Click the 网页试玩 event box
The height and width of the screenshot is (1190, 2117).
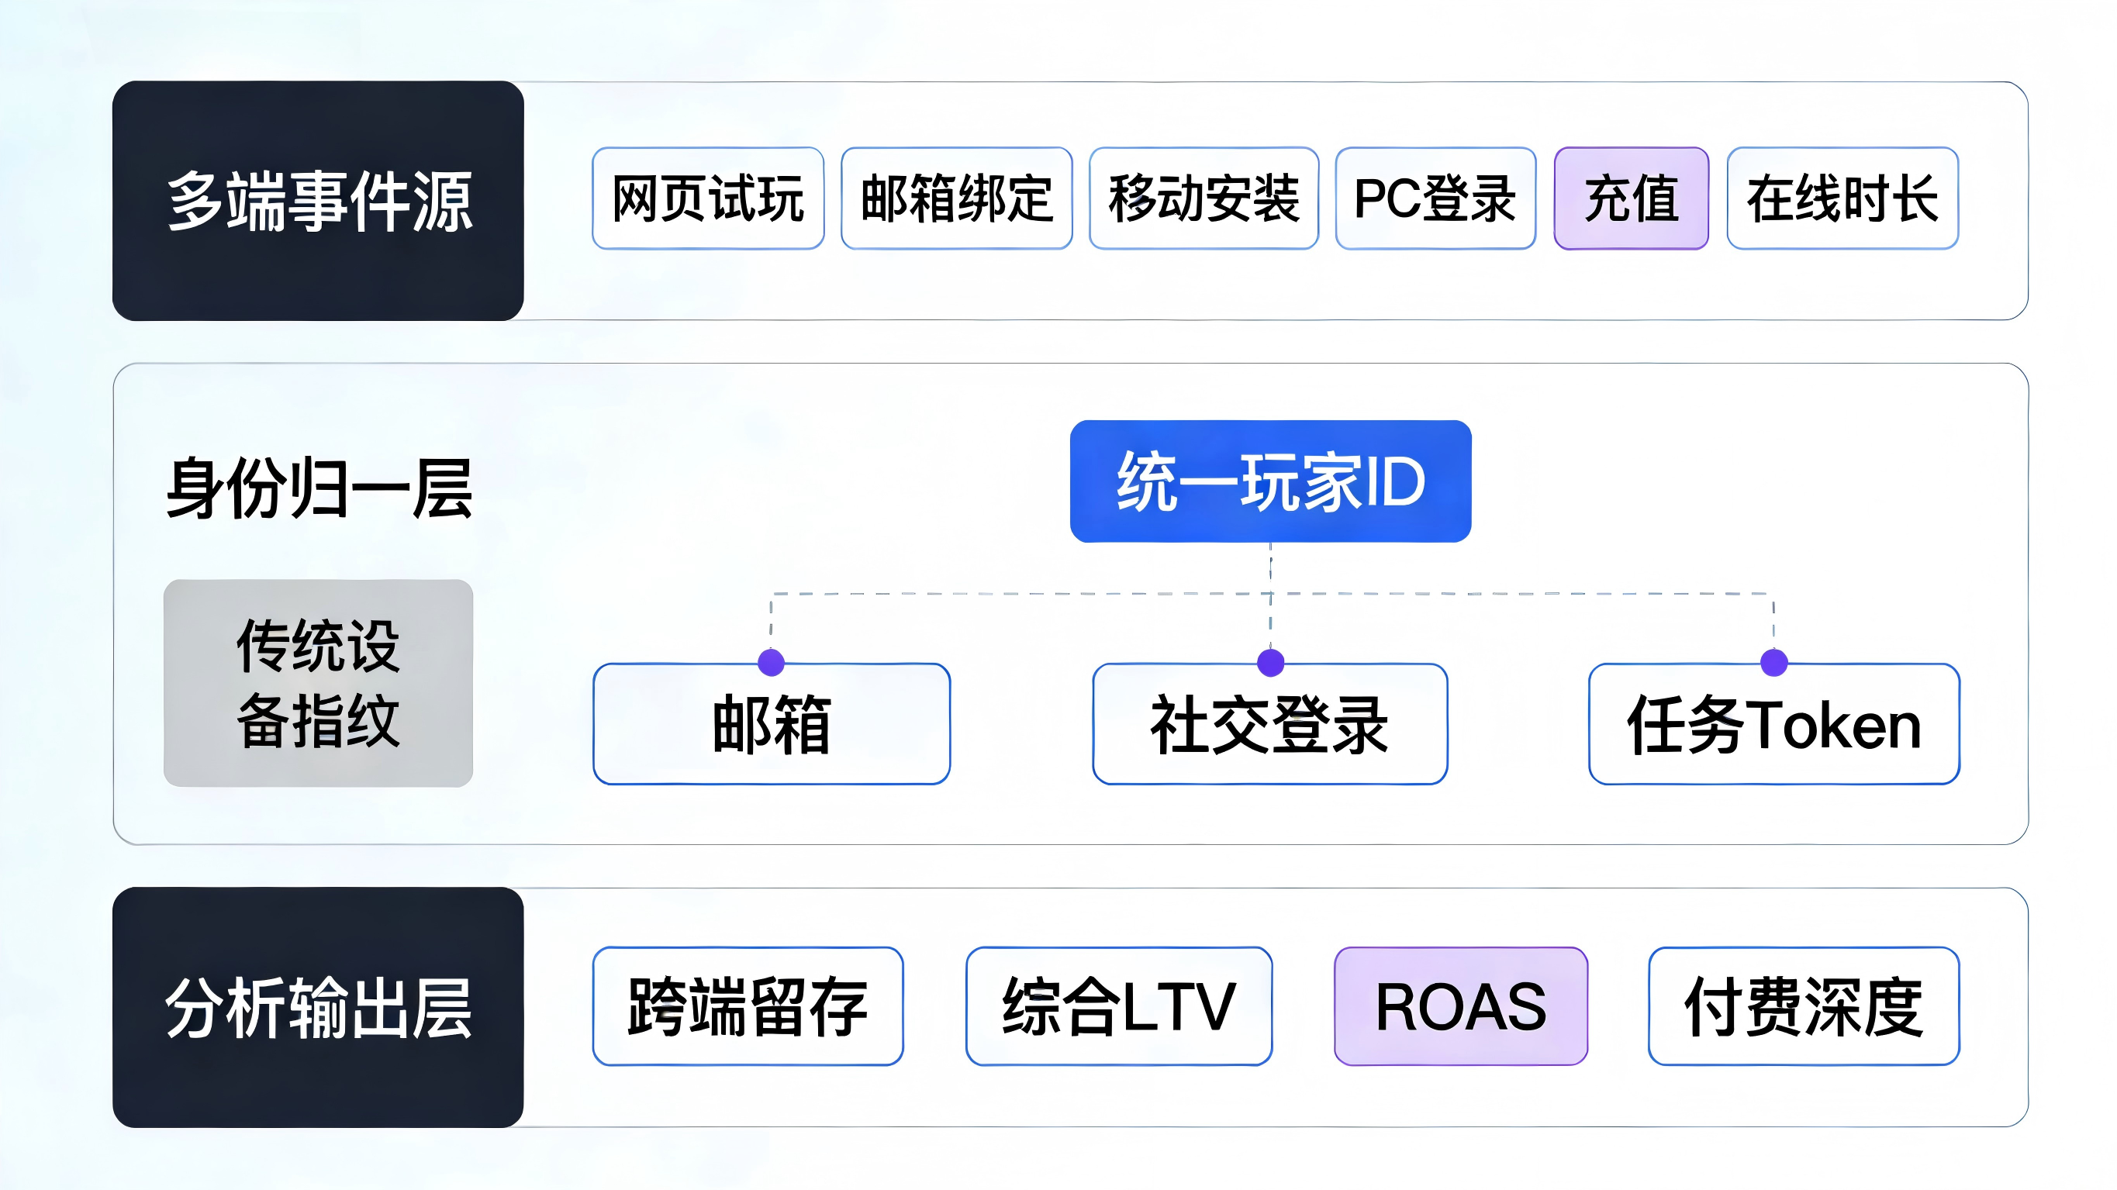pos(707,198)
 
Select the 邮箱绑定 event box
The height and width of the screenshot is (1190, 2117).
pos(957,198)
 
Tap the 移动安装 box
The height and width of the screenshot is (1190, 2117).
pos(1204,198)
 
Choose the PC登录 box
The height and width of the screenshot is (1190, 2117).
pos(1435,198)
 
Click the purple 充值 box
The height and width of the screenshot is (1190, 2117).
pos(1631,198)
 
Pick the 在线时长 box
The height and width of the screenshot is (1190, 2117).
pos(1842,198)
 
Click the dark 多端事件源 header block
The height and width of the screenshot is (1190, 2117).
pos(318,201)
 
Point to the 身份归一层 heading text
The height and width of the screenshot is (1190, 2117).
pos(319,488)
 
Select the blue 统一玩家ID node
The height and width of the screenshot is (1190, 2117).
pos(1270,481)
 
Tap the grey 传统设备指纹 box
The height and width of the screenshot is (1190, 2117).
pos(318,683)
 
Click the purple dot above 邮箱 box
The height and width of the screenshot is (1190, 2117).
pos(771,662)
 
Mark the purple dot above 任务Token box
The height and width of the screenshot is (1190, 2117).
pos(1774,662)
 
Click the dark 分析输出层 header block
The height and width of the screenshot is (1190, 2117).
pos(318,1007)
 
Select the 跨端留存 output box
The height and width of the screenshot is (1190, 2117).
pos(748,1006)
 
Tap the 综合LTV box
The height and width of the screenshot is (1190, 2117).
pos(1118,1006)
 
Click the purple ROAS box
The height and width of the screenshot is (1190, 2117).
pos(1460,1006)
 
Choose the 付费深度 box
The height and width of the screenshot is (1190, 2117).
pos(1804,1006)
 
